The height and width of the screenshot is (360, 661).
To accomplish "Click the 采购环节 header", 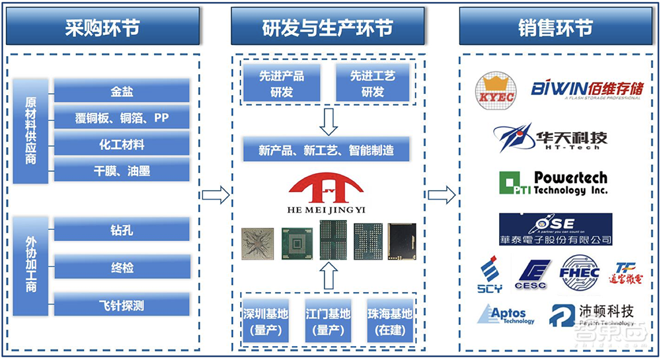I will pos(102,28).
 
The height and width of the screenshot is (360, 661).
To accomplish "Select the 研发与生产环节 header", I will pos(327,28).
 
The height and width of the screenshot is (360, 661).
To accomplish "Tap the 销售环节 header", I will pos(555,28).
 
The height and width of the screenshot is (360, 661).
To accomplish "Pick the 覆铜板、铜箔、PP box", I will pos(122,118).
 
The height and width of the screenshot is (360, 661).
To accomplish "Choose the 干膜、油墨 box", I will pos(122,171).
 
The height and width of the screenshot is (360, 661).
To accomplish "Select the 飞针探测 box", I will pos(122,305).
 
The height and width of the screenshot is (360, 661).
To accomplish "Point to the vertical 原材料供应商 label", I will pos(30,131).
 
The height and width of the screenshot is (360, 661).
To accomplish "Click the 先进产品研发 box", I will pos(282,84).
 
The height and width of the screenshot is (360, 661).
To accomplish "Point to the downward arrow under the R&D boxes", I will pos(328,120).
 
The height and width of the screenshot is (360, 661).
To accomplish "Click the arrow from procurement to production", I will pos(215,195).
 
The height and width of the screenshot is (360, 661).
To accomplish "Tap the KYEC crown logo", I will pos(496,91).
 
